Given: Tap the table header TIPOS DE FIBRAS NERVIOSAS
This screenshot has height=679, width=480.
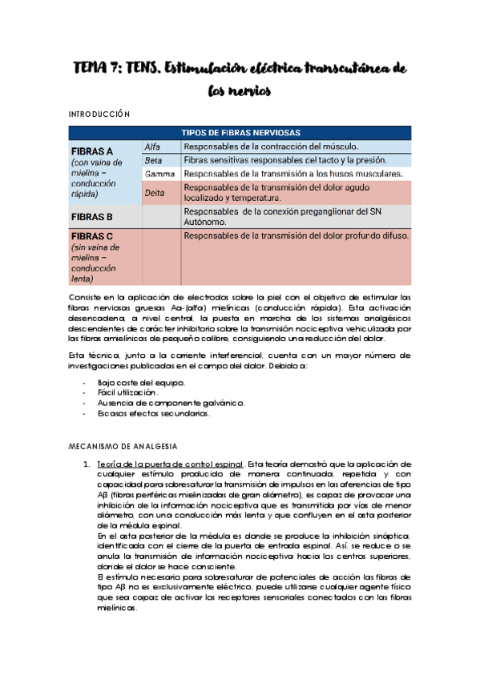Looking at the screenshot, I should pos(241,132).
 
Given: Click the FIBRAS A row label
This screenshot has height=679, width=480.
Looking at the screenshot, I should pos(92,151).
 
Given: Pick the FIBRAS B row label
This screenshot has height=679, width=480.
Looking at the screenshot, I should pos(92,217).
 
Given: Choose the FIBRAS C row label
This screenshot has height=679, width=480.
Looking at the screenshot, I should pos(92,237).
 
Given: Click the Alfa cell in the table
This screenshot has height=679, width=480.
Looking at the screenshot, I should pos(153,147).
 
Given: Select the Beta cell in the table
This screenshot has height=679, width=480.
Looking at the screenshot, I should pos(153,160).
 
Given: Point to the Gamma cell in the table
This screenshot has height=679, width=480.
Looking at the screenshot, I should pos(159,174).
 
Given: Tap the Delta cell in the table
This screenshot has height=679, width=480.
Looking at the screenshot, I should pos(155,193).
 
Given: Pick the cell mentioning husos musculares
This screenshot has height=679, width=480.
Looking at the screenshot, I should pos(292,174).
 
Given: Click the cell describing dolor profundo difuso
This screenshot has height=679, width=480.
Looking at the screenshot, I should pos(296,236).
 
